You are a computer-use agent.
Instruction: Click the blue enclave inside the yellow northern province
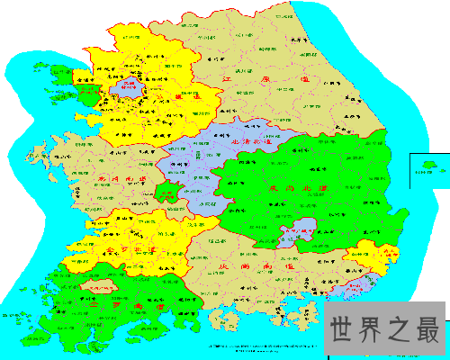(126, 87)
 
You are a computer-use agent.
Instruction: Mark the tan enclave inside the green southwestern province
(99, 287)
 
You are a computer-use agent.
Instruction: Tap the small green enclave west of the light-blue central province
(165, 192)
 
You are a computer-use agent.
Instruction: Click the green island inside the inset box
(429, 165)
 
